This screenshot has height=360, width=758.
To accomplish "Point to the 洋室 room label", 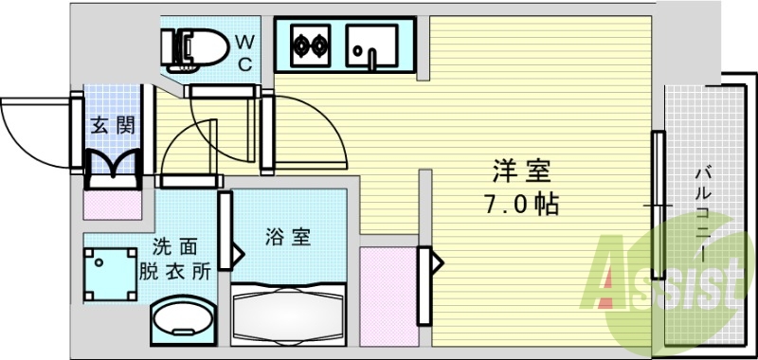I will click(520, 173).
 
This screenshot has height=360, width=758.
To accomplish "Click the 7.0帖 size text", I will click(520, 203).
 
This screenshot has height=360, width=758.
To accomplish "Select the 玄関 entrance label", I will click(112, 124).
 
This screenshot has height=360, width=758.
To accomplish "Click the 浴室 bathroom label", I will click(287, 236).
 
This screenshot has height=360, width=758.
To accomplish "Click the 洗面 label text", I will click(176, 249).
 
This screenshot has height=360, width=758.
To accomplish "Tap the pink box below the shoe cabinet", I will click(112, 203).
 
